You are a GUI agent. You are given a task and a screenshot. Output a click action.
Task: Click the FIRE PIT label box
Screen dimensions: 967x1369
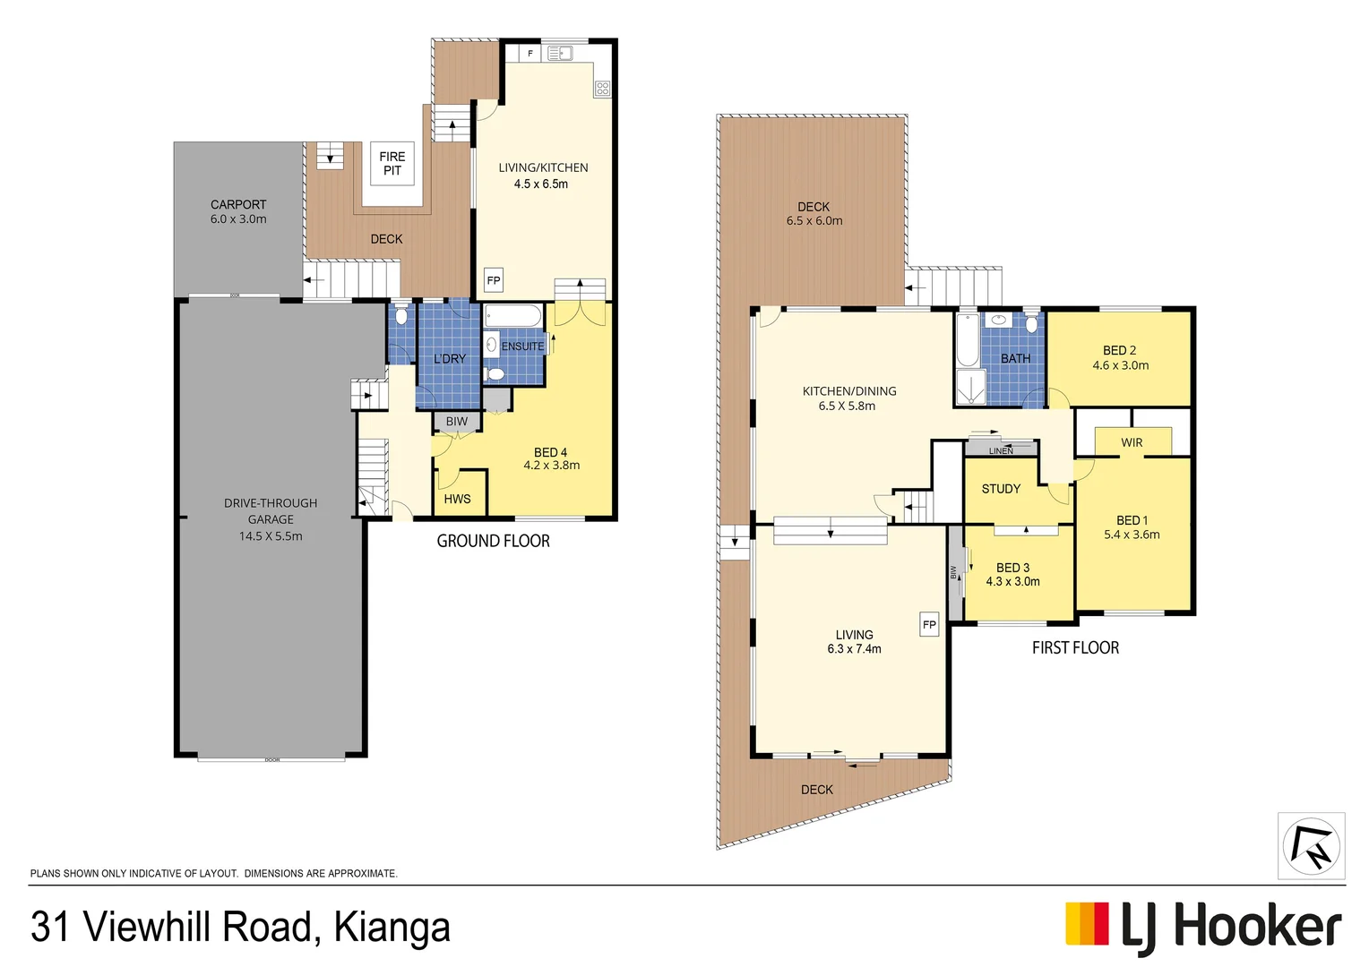(x=392, y=163)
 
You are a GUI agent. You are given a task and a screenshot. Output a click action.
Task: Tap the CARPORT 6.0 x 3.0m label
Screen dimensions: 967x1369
(x=238, y=211)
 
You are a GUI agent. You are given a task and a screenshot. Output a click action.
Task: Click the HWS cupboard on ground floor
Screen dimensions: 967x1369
(x=458, y=499)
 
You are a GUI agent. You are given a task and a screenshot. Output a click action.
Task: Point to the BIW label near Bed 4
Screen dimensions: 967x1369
(x=457, y=421)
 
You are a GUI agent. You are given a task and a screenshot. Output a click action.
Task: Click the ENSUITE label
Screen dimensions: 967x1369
(x=522, y=346)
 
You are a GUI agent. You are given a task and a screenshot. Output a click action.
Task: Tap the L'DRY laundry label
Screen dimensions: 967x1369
(x=450, y=358)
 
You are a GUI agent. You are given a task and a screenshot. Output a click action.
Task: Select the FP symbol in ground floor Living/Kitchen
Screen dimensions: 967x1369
(x=494, y=280)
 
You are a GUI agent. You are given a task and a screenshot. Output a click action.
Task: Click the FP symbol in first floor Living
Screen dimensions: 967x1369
(x=929, y=624)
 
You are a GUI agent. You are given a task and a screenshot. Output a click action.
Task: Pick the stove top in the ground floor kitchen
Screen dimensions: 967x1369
(x=602, y=88)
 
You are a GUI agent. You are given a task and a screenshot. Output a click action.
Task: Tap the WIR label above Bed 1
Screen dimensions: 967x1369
(x=1132, y=442)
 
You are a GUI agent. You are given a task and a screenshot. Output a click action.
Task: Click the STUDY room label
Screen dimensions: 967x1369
(x=1001, y=489)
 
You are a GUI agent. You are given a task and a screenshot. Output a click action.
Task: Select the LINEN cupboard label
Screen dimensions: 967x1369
(x=1001, y=450)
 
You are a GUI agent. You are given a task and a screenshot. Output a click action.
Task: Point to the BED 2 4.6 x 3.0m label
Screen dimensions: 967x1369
(x=1120, y=357)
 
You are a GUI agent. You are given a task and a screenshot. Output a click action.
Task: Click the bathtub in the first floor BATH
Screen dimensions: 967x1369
(x=968, y=340)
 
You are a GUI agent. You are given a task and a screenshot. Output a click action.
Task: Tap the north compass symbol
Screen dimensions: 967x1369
(x=1311, y=846)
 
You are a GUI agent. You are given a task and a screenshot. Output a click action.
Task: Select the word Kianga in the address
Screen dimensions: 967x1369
(x=392, y=928)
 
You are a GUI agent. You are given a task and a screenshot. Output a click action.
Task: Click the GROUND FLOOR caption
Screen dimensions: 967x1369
(x=493, y=541)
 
